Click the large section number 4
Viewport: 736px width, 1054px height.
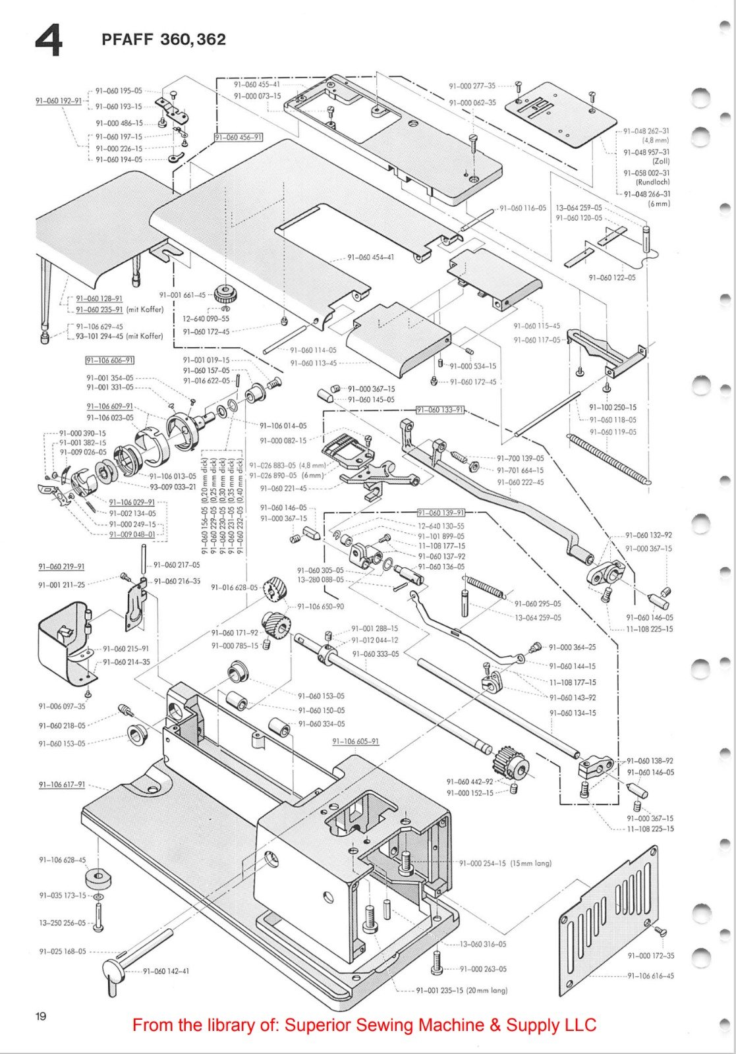tap(48, 41)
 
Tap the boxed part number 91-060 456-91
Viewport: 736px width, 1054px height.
tap(239, 137)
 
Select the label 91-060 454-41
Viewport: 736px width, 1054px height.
tap(371, 257)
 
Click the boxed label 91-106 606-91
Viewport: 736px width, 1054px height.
tap(111, 360)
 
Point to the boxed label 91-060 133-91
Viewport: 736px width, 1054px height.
tap(440, 410)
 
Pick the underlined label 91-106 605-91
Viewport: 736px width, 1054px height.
tap(355, 741)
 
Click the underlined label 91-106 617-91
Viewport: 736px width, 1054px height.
tap(62, 785)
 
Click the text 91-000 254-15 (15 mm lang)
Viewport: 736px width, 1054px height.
tap(505, 863)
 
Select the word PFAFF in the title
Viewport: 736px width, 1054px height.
tap(127, 40)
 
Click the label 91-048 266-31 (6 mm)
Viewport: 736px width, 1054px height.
tap(647, 198)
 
